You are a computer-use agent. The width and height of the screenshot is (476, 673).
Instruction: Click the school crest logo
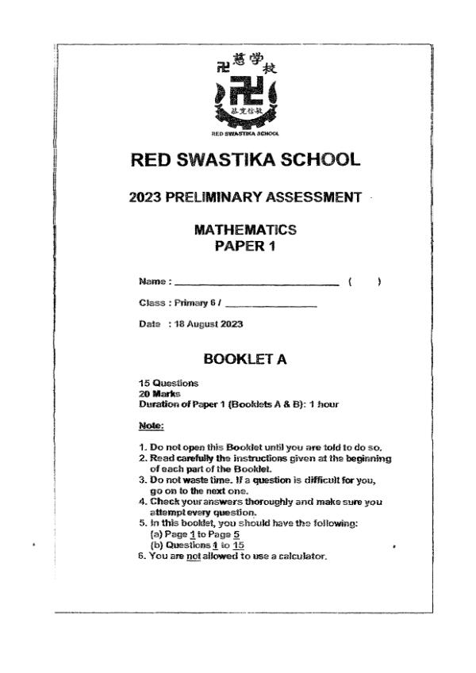click(x=246, y=93)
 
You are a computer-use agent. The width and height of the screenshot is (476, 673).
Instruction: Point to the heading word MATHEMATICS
click(x=245, y=230)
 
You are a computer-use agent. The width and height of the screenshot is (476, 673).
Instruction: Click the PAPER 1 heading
click(x=245, y=247)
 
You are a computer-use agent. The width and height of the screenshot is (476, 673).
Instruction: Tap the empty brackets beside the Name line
click(x=366, y=281)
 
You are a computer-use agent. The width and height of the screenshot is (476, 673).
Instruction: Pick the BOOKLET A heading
click(x=245, y=359)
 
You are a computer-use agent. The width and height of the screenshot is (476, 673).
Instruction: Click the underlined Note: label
click(x=151, y=426)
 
